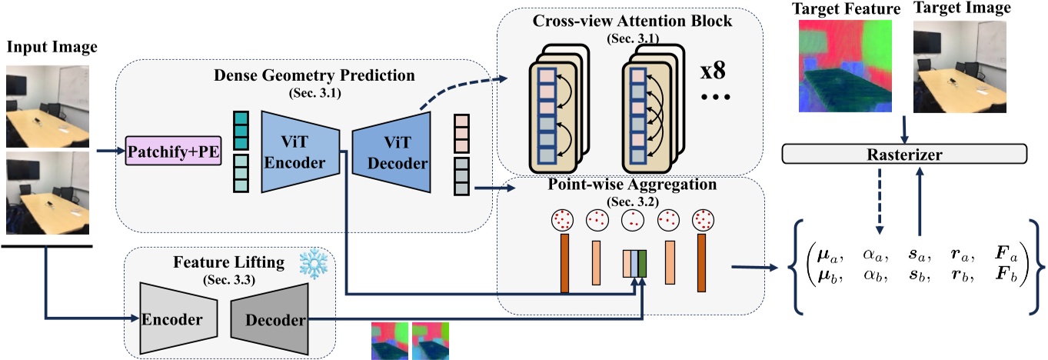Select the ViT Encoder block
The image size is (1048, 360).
[301, 150]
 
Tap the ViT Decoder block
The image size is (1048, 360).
[390, 150]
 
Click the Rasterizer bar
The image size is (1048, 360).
[903, 154]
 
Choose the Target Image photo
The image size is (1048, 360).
[955, 66]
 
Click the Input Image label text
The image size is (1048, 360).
[52, 48]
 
